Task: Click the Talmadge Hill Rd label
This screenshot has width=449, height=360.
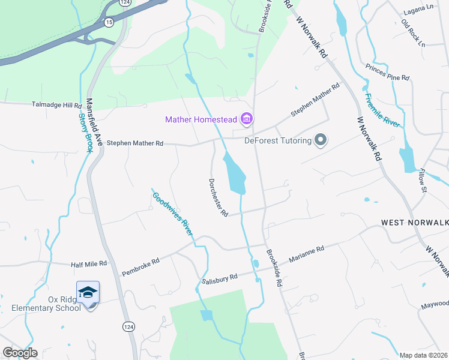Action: [x=56, y=104]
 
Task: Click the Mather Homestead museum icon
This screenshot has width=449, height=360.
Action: [x=246, y=119]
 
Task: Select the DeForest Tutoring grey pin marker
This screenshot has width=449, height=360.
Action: [x=321, y=140]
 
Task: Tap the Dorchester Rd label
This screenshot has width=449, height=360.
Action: [x=218, y=197]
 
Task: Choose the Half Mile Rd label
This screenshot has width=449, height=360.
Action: [x=88, y=263]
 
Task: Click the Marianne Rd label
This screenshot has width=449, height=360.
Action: [x=306, y=253]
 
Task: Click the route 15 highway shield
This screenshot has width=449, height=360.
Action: [x=108, y=22]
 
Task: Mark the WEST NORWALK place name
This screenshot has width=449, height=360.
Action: [x=415, y=223]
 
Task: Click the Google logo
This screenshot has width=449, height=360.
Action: [x=19, y=353]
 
